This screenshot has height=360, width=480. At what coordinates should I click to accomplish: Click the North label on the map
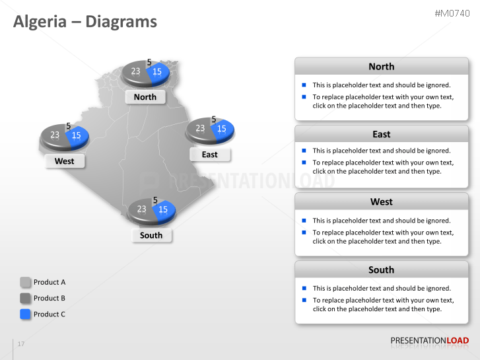(x=145, y=97)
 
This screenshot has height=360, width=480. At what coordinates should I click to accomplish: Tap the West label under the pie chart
(x=64, y=161)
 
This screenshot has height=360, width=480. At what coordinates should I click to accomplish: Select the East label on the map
(x=209, y=155)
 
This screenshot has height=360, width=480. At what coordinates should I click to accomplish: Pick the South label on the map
(x=151, y=235)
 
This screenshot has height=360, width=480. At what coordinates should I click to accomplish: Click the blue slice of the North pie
(x=158, y=72)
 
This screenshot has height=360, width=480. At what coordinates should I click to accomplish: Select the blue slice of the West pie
(x=78, y=135)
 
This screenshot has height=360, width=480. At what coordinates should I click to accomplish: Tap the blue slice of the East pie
(x=223, y=129)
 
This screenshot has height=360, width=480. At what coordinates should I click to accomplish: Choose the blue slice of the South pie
(x=164, y=209)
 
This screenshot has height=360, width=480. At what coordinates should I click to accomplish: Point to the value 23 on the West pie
(x=55, y=135)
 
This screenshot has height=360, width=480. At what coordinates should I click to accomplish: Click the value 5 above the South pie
(x=155, y=199)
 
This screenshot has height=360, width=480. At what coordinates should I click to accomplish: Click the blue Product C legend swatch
(x=26, y=314)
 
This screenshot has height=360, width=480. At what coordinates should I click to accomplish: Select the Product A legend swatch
(x=26, y=282)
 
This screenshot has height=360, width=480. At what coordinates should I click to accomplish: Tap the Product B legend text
(x=50, y=298)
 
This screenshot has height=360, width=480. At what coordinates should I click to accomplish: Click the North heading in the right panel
(x=381, y=67)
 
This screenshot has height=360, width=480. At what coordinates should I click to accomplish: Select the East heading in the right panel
(x=381, y=134)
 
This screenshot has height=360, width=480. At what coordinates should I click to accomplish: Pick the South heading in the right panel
(x=381, y=270)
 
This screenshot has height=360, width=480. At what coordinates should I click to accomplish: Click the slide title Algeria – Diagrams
(x=85, y=22)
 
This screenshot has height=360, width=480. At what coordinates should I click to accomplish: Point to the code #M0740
(x=452, y=13)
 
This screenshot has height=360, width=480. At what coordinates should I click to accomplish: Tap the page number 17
(x=21, y=344)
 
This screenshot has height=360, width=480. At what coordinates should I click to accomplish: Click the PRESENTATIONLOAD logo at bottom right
(x=429, y=341)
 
